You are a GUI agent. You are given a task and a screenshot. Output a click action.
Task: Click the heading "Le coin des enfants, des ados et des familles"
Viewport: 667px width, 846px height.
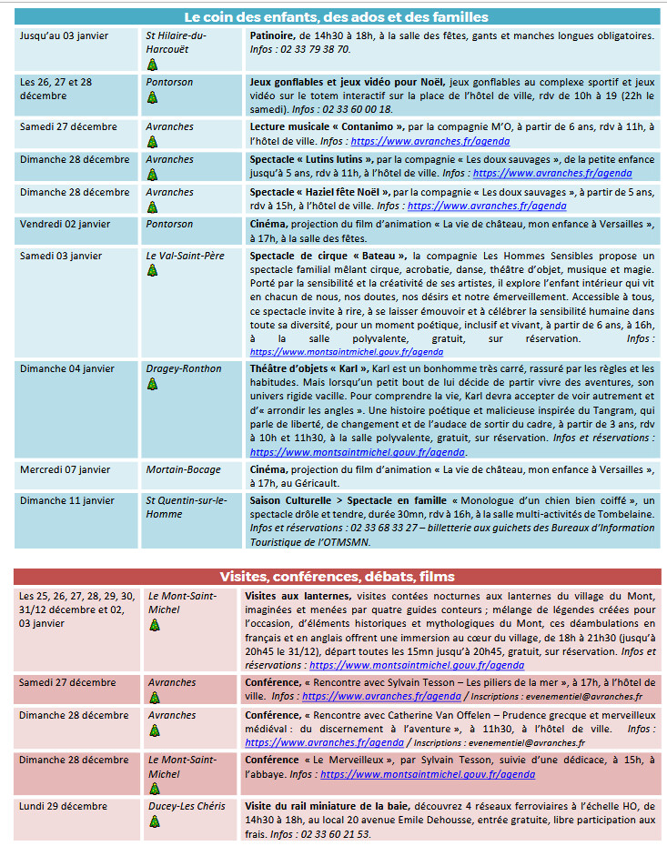point(336,17)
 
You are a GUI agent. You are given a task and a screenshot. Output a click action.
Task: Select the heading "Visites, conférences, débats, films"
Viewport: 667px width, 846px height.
point(337,577)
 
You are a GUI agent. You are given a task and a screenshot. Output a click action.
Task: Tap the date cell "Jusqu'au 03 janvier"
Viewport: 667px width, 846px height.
point(61,35)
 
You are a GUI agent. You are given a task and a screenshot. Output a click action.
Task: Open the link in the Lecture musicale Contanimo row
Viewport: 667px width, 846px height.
point(430,141)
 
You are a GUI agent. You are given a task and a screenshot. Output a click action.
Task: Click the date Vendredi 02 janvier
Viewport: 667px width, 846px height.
point(65,224)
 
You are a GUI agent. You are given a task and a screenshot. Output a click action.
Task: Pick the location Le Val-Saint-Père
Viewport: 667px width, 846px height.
point(185,256)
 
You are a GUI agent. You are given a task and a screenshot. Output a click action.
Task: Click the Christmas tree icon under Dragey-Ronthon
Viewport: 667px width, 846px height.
point(153,384)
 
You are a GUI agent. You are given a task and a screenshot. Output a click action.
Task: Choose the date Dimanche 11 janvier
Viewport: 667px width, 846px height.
point(67,500)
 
